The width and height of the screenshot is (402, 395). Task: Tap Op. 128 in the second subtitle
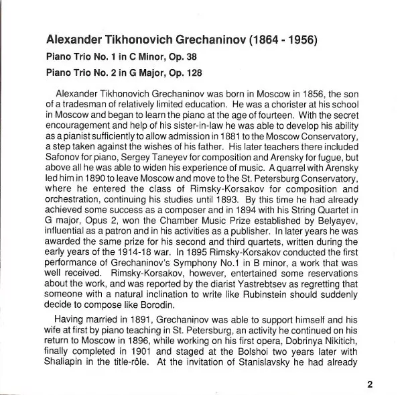(x=179, y=70)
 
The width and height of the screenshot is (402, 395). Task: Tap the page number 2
(x=369, y=384)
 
